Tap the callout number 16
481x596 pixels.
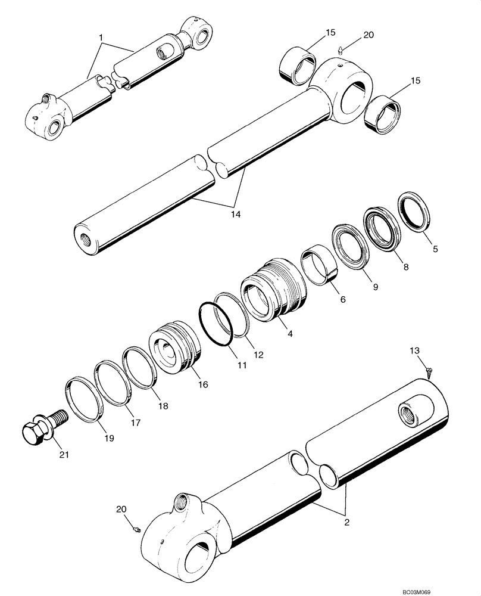tap(203, 385)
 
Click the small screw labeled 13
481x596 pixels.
tap(429, 372)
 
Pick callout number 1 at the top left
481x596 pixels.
tap(101, 38)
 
